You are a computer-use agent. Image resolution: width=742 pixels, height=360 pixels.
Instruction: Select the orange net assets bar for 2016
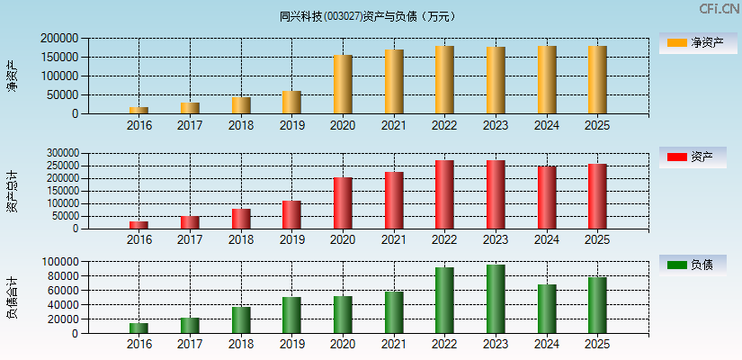coord(139,110)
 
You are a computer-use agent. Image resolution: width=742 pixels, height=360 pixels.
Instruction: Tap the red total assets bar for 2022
coord(444,194)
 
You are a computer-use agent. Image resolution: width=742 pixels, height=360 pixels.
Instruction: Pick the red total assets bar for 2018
coord(241,219)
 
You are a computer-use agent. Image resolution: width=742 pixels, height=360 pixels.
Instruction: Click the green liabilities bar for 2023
coord(496,299)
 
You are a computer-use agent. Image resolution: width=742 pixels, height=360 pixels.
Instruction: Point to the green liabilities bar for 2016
coord(139,328)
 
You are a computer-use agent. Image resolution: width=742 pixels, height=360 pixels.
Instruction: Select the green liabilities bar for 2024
coord(547,309)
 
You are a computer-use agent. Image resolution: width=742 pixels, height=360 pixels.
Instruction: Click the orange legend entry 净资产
coord(693,42)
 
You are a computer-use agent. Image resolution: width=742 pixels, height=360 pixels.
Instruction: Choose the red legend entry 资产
coord(693,157)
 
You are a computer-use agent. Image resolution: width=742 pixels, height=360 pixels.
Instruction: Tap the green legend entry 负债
coord(693,265)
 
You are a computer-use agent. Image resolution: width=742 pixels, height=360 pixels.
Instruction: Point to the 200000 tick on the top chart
coord(58,39)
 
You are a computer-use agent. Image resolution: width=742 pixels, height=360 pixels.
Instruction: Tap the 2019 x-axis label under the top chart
coord(291,125)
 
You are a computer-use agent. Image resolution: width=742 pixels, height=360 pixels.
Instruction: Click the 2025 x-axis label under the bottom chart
coord(597,344)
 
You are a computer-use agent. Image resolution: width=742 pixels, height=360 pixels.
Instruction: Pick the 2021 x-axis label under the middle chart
coord(393,239)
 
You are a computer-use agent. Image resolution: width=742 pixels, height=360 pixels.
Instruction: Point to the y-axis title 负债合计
coord(13,297)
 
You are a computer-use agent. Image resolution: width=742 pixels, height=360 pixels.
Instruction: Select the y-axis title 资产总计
coord(13,191)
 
